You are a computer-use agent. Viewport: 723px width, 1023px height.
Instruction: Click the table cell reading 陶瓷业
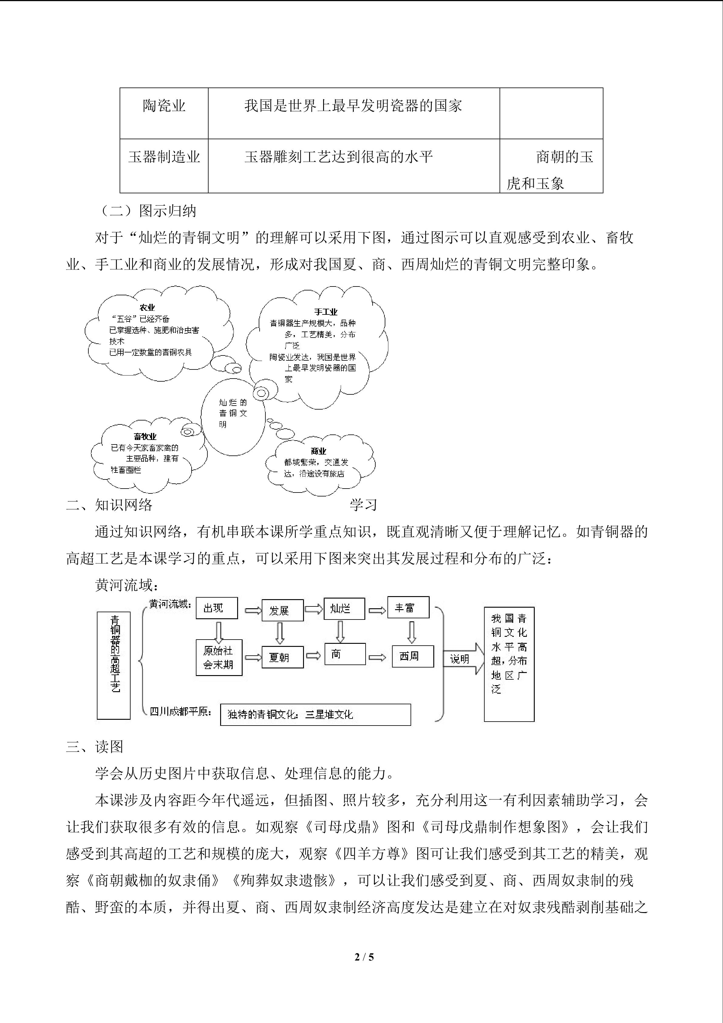point(164,106)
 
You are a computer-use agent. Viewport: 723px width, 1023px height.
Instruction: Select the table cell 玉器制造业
point(164,157)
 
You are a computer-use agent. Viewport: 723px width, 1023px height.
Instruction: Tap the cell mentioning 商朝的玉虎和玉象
point(551,169)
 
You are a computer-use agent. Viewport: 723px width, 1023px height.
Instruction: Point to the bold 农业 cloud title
point(147,307)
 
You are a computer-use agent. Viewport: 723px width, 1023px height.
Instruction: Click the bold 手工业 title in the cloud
point(326,312)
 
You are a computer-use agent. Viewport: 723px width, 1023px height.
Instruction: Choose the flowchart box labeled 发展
point(282,610)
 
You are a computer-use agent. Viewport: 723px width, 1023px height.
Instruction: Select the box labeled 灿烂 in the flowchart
point(344,609)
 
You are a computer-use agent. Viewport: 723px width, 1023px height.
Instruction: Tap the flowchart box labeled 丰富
point(408,608)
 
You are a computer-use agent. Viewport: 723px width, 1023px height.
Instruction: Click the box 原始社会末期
point(219,657)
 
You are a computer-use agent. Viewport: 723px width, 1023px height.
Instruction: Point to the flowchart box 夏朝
point(282,657)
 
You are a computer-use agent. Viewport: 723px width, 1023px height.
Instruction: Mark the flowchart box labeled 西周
point(412,656)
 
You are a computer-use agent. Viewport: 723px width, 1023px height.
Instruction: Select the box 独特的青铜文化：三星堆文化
point(315,715)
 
